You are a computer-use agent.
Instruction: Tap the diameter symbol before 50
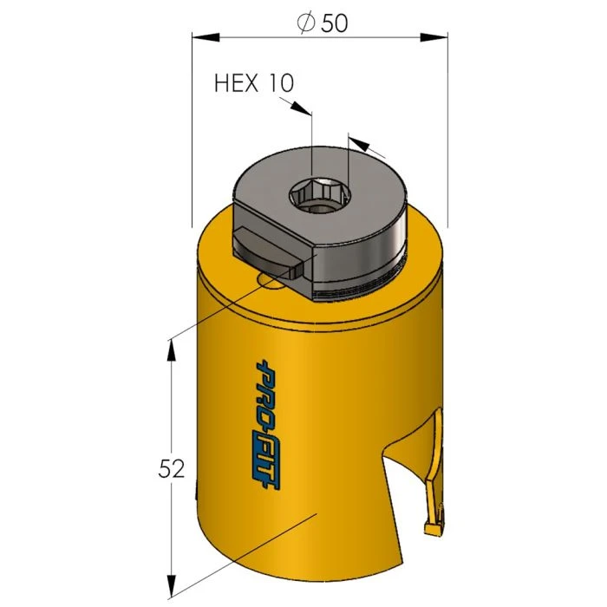click(x=306, y=23)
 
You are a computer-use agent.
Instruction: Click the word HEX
click(x=237, y=83)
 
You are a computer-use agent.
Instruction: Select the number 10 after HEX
click(x=280, y=83)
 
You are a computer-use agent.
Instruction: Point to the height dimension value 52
click(x=172, y=469)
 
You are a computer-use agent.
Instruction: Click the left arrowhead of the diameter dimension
click(x=206, y=37)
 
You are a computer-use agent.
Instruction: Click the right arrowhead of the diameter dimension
click(x=434, y=37)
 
